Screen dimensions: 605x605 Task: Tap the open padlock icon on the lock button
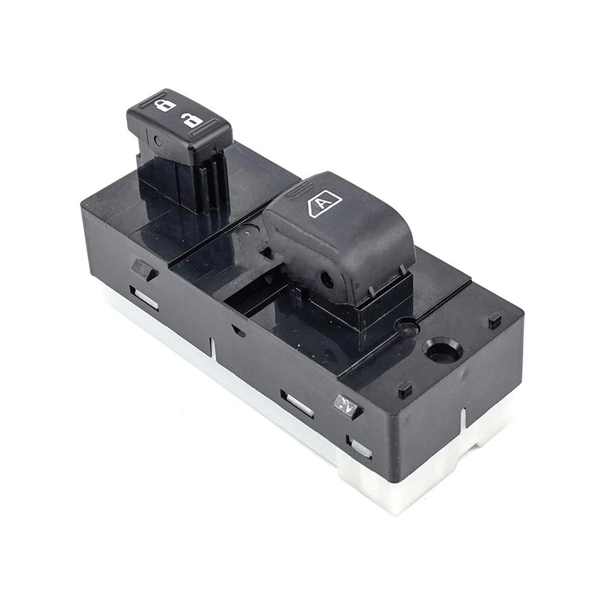coord(193,120)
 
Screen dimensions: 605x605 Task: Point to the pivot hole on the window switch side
coord(327,279)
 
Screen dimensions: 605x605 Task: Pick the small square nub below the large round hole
coord(405,390)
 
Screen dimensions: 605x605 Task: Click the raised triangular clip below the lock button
coord(143,270)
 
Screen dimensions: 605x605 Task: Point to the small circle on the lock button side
coord(158,142)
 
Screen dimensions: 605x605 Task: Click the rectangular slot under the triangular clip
coord(144,297)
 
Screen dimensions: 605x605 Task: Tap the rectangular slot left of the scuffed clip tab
coord(297,404)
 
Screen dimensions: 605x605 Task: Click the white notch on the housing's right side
coord(464,420)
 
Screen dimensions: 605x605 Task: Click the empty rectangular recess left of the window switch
coord(254,297)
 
